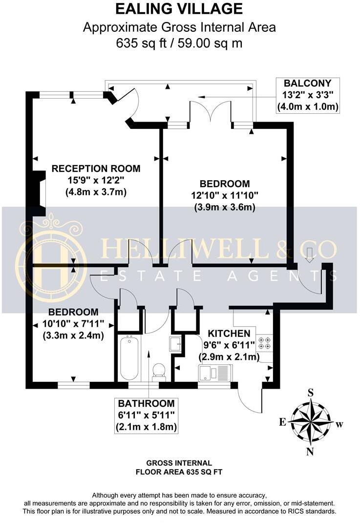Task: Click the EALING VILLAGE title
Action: point(179,9)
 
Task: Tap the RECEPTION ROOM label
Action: point(96,169)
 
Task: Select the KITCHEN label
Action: point(230,334)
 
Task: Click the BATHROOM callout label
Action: point(146,404)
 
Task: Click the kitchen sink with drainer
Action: point(215,374)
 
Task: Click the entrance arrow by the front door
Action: point(310,254)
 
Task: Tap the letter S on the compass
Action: point(310,392)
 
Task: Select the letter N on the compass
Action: point(310,452)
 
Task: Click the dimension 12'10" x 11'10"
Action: point(225,195)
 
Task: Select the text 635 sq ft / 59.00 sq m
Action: point(179,43)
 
